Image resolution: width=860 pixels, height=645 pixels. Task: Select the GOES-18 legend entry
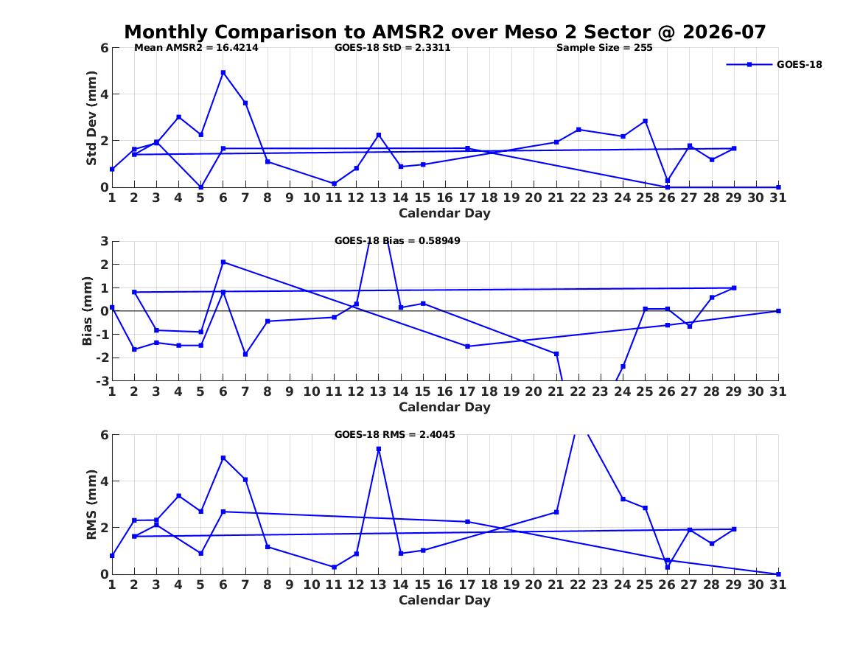point(775,64)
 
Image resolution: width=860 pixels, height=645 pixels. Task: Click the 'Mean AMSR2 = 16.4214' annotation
point(196,48)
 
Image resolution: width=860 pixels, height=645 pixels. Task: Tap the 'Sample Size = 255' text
point(604,48)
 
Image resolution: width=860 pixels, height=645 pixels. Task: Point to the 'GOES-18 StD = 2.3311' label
point(393,48)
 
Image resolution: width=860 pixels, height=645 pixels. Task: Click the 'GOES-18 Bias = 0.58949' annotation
point(398,241)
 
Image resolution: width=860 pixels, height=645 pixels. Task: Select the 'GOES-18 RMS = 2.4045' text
point(395,434)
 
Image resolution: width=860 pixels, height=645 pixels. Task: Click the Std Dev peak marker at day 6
point(223,72)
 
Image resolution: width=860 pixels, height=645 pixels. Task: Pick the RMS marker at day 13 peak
point(379,449)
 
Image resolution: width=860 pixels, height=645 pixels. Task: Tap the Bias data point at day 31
point(778,311)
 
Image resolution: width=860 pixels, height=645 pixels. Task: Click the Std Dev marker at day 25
point(645,121)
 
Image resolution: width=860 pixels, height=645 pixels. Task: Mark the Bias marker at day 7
point(245,355)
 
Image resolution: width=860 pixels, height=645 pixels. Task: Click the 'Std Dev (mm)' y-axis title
point(91,118)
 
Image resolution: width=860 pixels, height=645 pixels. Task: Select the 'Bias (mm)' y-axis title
point(87,311)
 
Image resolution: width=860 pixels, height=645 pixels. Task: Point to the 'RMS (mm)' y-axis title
point(91,505)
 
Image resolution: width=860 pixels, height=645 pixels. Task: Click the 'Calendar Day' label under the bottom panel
point(445,601)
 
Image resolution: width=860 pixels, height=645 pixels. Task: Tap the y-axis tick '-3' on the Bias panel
point(102,381)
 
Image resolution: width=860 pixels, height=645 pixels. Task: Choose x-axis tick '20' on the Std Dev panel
point(534,198)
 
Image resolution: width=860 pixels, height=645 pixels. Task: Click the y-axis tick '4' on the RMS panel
point(104,481)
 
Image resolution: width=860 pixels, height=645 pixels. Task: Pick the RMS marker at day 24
point(623,499)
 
